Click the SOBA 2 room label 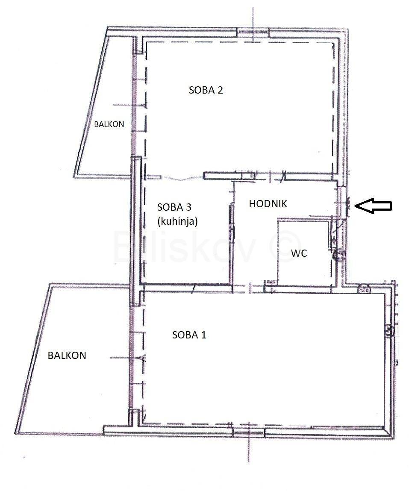click(x=206, y=90)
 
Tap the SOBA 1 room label click(x=189, y=335)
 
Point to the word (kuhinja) click(x=177, y=221)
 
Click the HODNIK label click(x=268, y=204)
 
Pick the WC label click(x=299, y=253)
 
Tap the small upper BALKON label click(x=109, y=124)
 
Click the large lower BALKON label click(x=67, y=356)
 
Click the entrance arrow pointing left click(x=373, y=206)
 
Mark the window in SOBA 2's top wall click(x=253, y=33)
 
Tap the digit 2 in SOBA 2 click(x=220, y=90)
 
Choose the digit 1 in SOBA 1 click(x=203, y=335)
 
